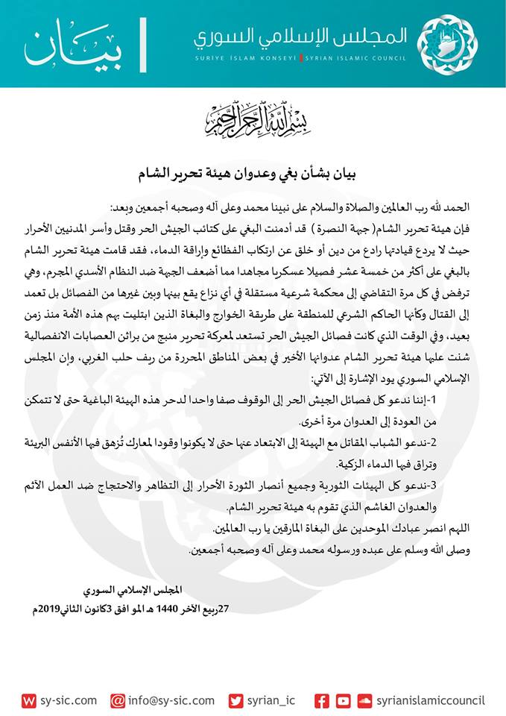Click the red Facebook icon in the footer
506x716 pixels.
321,700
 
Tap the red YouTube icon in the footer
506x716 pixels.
343,700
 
